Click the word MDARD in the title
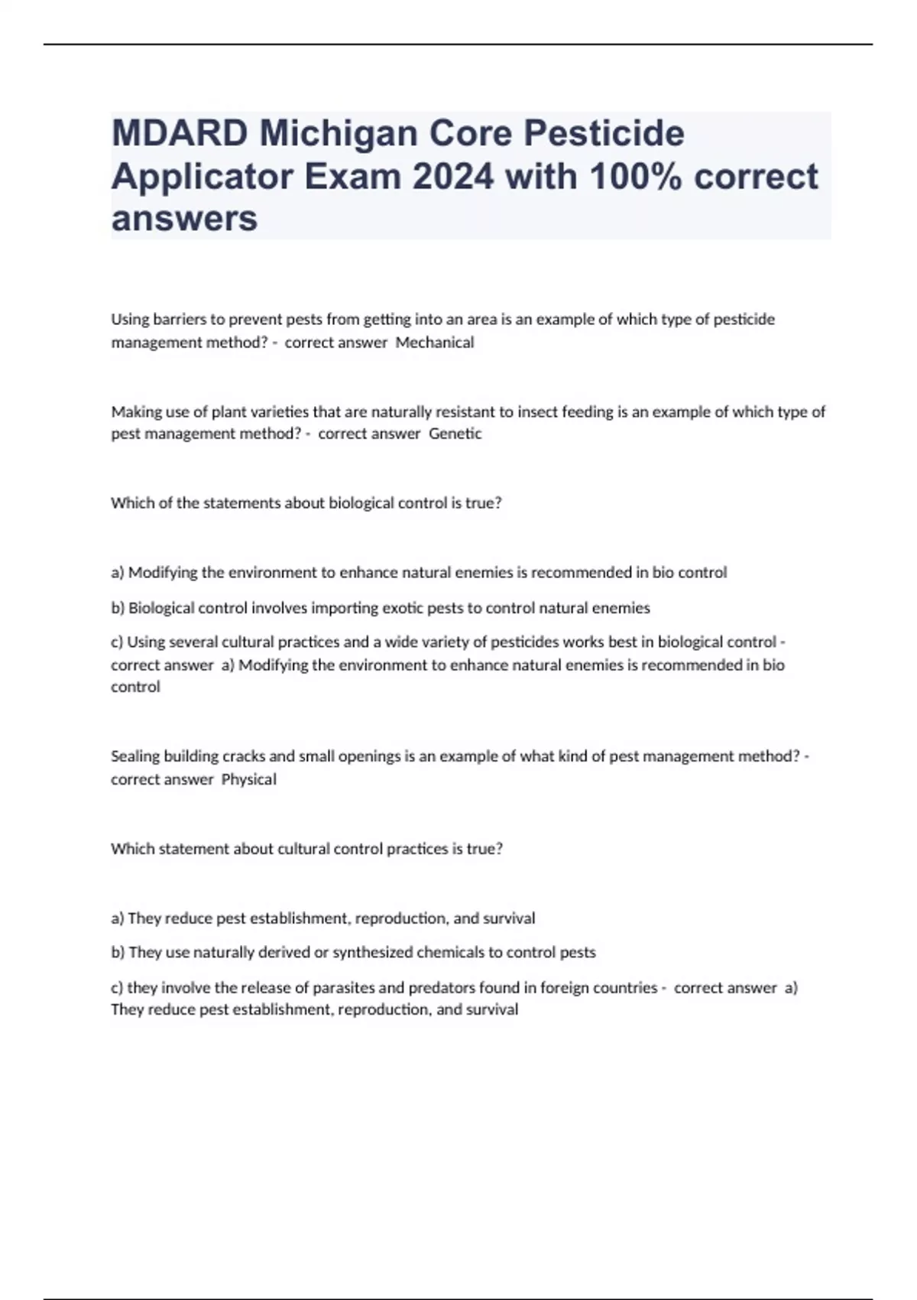[180, 134]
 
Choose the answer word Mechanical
[435, 343]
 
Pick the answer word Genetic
[455, 434]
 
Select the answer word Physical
[249, 779]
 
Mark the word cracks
[243, 756]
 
